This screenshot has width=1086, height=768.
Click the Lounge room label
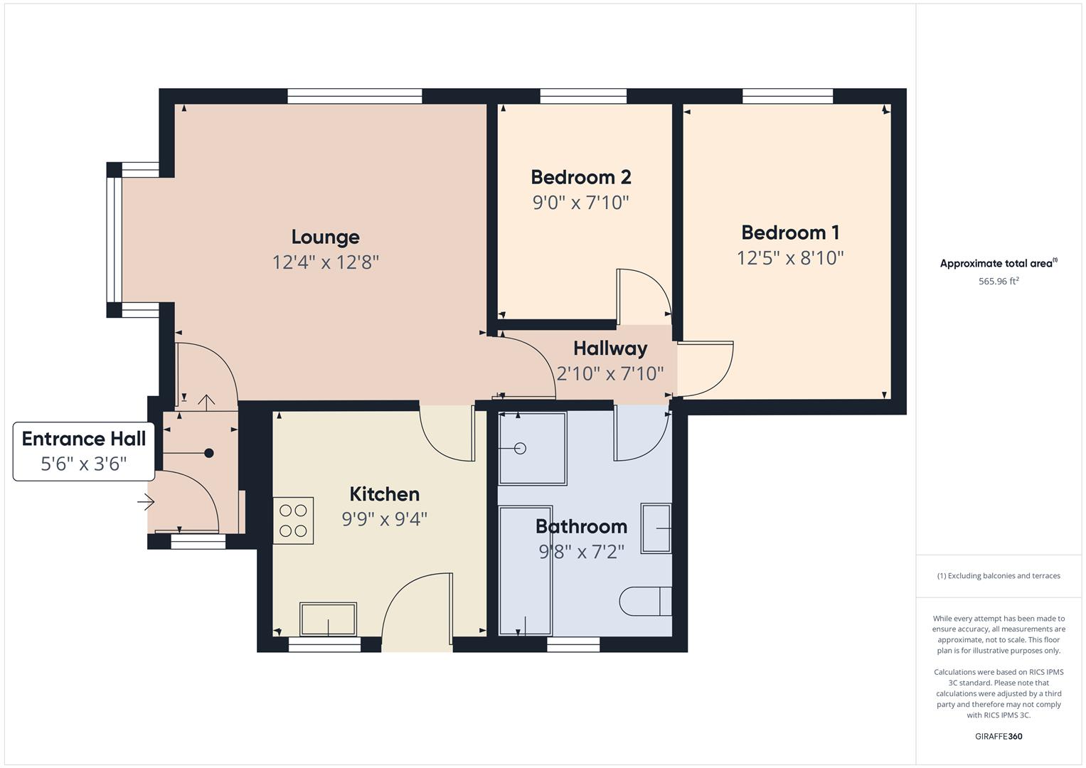click(x=325, y=237)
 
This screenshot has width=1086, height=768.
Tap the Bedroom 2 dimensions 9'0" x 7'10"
click(x=581, y=203)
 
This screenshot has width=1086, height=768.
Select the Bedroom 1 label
click(x=790, y=233)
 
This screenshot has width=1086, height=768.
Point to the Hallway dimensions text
click(x=609, y=373)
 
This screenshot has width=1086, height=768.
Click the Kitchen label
click(x=384, y=494)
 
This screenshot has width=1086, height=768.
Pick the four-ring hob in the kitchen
click(x=293, y=520)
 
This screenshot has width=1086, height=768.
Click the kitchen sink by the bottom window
click(x=328, y=619)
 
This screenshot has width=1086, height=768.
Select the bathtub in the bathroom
click(x=526, y=570)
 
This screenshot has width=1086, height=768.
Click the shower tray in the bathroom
click(x=533, y=448)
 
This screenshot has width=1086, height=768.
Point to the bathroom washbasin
click(x=656, y=528)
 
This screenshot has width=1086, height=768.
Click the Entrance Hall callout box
click(x=83, y=451)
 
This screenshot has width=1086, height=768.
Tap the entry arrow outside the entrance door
click(x=146, y=503)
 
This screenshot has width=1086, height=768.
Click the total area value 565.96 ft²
click(x=998, y=281)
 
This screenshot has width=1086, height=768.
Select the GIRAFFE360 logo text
click(x=998, y=736)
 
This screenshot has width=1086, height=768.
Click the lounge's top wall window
click(x=354, y=96)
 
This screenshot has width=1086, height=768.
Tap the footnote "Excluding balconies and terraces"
click(x=998, y=576)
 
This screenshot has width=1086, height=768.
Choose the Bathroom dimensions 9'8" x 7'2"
click(x=581, y=551)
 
